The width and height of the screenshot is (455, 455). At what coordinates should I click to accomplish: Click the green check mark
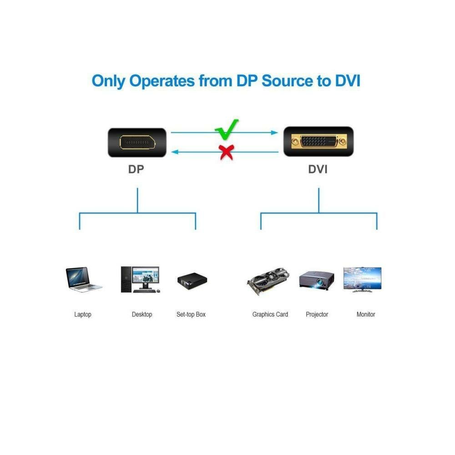point(226,129)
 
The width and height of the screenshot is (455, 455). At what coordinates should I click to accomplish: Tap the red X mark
point(226,152)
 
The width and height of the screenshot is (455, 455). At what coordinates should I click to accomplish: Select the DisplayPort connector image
point(137,142)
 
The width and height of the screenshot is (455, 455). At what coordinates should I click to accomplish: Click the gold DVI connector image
point(318,142)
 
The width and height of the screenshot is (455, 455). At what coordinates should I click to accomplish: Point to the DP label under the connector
point(136,170)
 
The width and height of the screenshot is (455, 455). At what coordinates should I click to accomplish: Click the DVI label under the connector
point(318,170)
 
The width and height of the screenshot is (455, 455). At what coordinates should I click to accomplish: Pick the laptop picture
point(83,279)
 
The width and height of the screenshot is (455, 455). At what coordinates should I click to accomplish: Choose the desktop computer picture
point(140,279)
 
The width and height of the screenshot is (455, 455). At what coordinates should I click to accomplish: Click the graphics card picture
point(269,282)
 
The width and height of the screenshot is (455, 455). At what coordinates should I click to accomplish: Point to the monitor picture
point(362,278)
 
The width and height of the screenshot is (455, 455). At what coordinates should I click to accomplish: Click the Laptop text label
point(83,314)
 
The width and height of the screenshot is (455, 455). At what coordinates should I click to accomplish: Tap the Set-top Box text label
point(191,314)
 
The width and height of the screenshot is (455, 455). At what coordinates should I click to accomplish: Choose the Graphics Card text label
point(270,314)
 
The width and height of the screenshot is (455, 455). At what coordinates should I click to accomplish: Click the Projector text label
point(317,314)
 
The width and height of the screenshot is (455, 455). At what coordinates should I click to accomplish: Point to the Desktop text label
point(142,314)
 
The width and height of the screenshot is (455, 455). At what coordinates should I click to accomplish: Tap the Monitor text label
point(366,314)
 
